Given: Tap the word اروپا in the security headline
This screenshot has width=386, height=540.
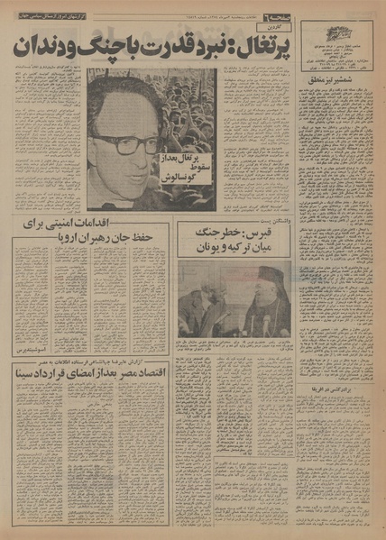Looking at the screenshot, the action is tap(47, 242).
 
